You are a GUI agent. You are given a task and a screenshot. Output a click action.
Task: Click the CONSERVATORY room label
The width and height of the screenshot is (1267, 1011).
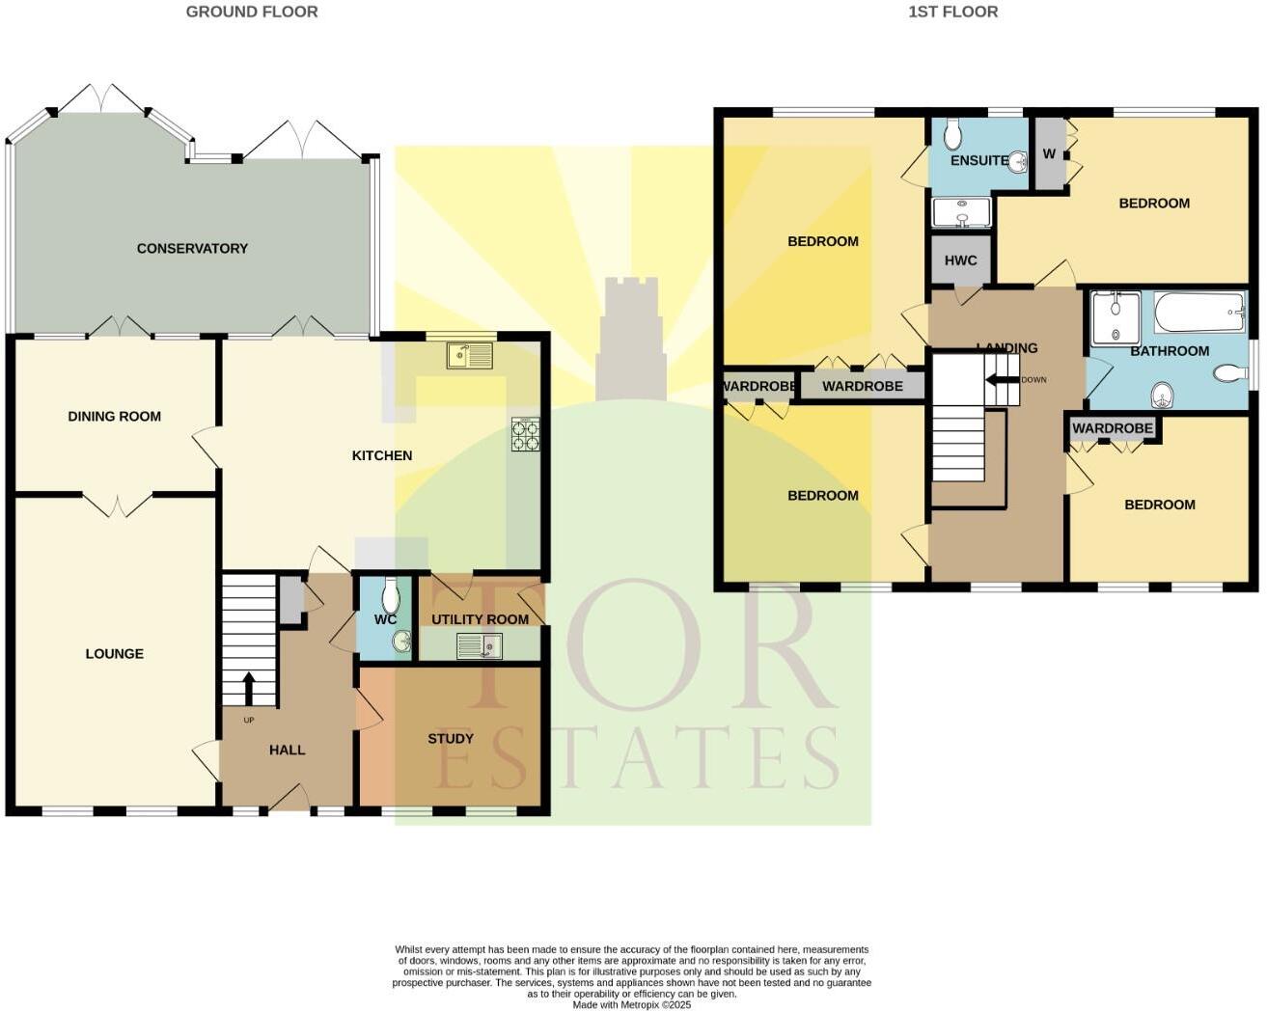(x=192, y=249)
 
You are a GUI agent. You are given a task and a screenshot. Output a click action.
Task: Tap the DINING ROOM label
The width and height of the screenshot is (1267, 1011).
(x=114, y=417)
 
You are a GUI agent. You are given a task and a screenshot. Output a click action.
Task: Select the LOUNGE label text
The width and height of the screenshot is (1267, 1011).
(x=114, y=654)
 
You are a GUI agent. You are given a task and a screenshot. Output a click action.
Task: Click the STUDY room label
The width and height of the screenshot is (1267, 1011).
(x=451, y=739)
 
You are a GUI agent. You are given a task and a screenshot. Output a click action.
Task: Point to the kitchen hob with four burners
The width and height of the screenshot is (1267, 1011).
(x=525, y=435)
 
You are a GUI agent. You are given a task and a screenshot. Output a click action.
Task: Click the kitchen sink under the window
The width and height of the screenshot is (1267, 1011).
(x=470, y=356)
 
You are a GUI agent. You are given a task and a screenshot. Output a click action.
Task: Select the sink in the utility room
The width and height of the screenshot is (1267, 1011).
(x=480, y=645)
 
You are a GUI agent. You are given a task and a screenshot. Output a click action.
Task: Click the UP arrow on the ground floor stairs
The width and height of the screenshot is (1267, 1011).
(x=249, y=688)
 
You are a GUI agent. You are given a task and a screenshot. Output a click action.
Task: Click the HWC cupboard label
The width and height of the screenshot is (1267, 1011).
(x=960, y=260)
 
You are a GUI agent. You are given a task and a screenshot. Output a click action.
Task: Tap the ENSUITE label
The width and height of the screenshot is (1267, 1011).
(x=979, y=160)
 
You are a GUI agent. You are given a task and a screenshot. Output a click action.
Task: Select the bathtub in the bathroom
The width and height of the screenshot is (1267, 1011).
(x=1199, y=313)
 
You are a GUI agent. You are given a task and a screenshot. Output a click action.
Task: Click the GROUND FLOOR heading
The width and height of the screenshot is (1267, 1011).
(x=252, y=12)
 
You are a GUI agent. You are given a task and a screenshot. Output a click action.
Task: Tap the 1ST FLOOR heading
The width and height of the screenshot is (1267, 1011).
(x=953, y=12)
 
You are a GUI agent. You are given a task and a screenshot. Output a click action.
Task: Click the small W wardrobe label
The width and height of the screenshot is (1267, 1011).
(x=1049, y=154)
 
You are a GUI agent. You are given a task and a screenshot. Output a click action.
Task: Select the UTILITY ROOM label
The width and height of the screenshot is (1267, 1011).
(x=480, y=619)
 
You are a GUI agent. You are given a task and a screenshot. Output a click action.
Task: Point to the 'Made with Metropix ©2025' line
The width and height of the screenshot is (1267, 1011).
(x=632, y=1004)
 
